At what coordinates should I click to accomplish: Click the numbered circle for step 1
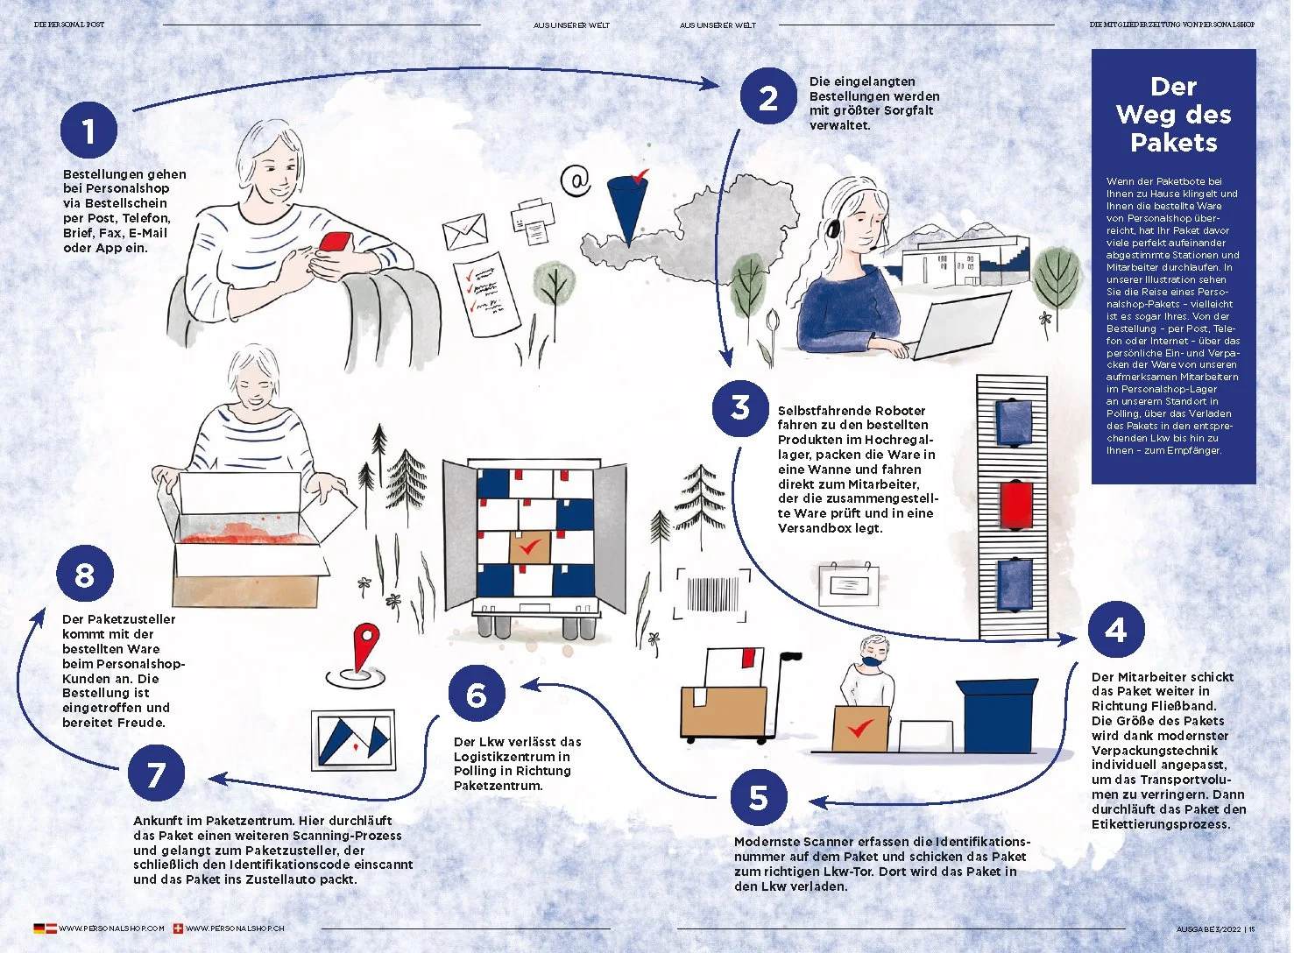(88, 131)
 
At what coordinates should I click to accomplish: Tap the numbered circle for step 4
(1116, 629)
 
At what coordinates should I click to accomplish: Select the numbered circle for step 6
(476, 695)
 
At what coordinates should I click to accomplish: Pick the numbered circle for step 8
(85, 575)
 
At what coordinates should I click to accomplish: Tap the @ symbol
(576, 181)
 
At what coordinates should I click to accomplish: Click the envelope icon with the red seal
(464, 232)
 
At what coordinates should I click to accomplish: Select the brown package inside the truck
(529, 547)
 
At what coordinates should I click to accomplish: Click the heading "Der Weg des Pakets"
(1173, 115)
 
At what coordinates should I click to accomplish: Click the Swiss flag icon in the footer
(179, 928)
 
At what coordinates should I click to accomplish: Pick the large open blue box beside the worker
(998, 715)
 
